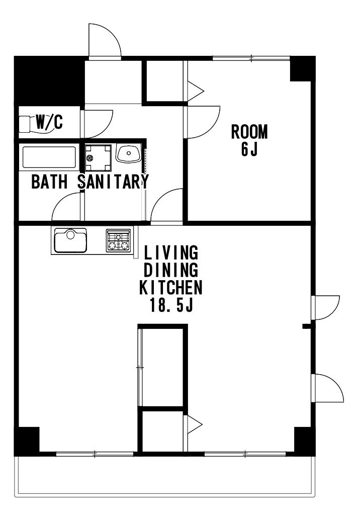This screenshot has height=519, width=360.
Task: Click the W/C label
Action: [x=49, y=122]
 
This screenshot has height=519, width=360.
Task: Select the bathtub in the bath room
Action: [x=49, y=157]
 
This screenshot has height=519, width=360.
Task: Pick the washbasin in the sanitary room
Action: [x=129, y=153]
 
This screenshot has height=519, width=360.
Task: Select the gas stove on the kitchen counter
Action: [x=118, y=240]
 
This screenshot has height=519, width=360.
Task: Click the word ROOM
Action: [x=249, y=132]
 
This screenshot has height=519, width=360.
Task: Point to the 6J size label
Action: [x=249, y=149]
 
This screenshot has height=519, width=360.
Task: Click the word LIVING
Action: [x=171, y=252]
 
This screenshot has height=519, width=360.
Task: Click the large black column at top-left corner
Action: [x=49, y=81]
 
